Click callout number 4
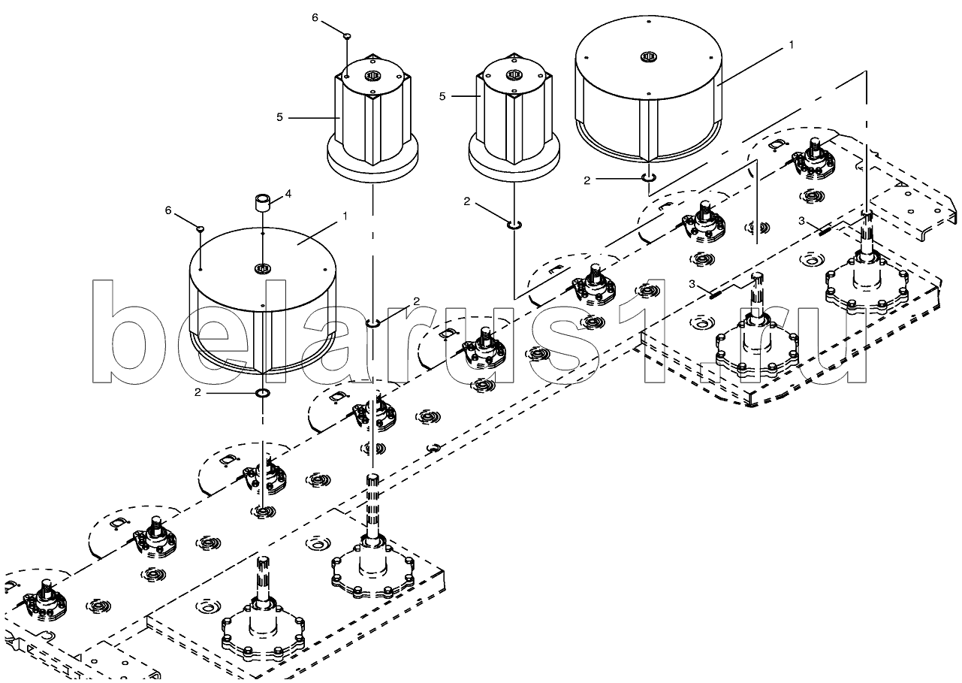289,194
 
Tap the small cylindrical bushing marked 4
262,204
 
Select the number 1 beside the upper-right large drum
790,46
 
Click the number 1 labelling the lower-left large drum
345,216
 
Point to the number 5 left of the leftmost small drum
279,117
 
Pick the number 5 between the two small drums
442,97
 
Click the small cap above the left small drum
346,35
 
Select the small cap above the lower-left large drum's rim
201,228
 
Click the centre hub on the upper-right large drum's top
649,56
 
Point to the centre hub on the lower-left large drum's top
262,268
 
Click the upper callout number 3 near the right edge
802,220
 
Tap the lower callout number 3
693,283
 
